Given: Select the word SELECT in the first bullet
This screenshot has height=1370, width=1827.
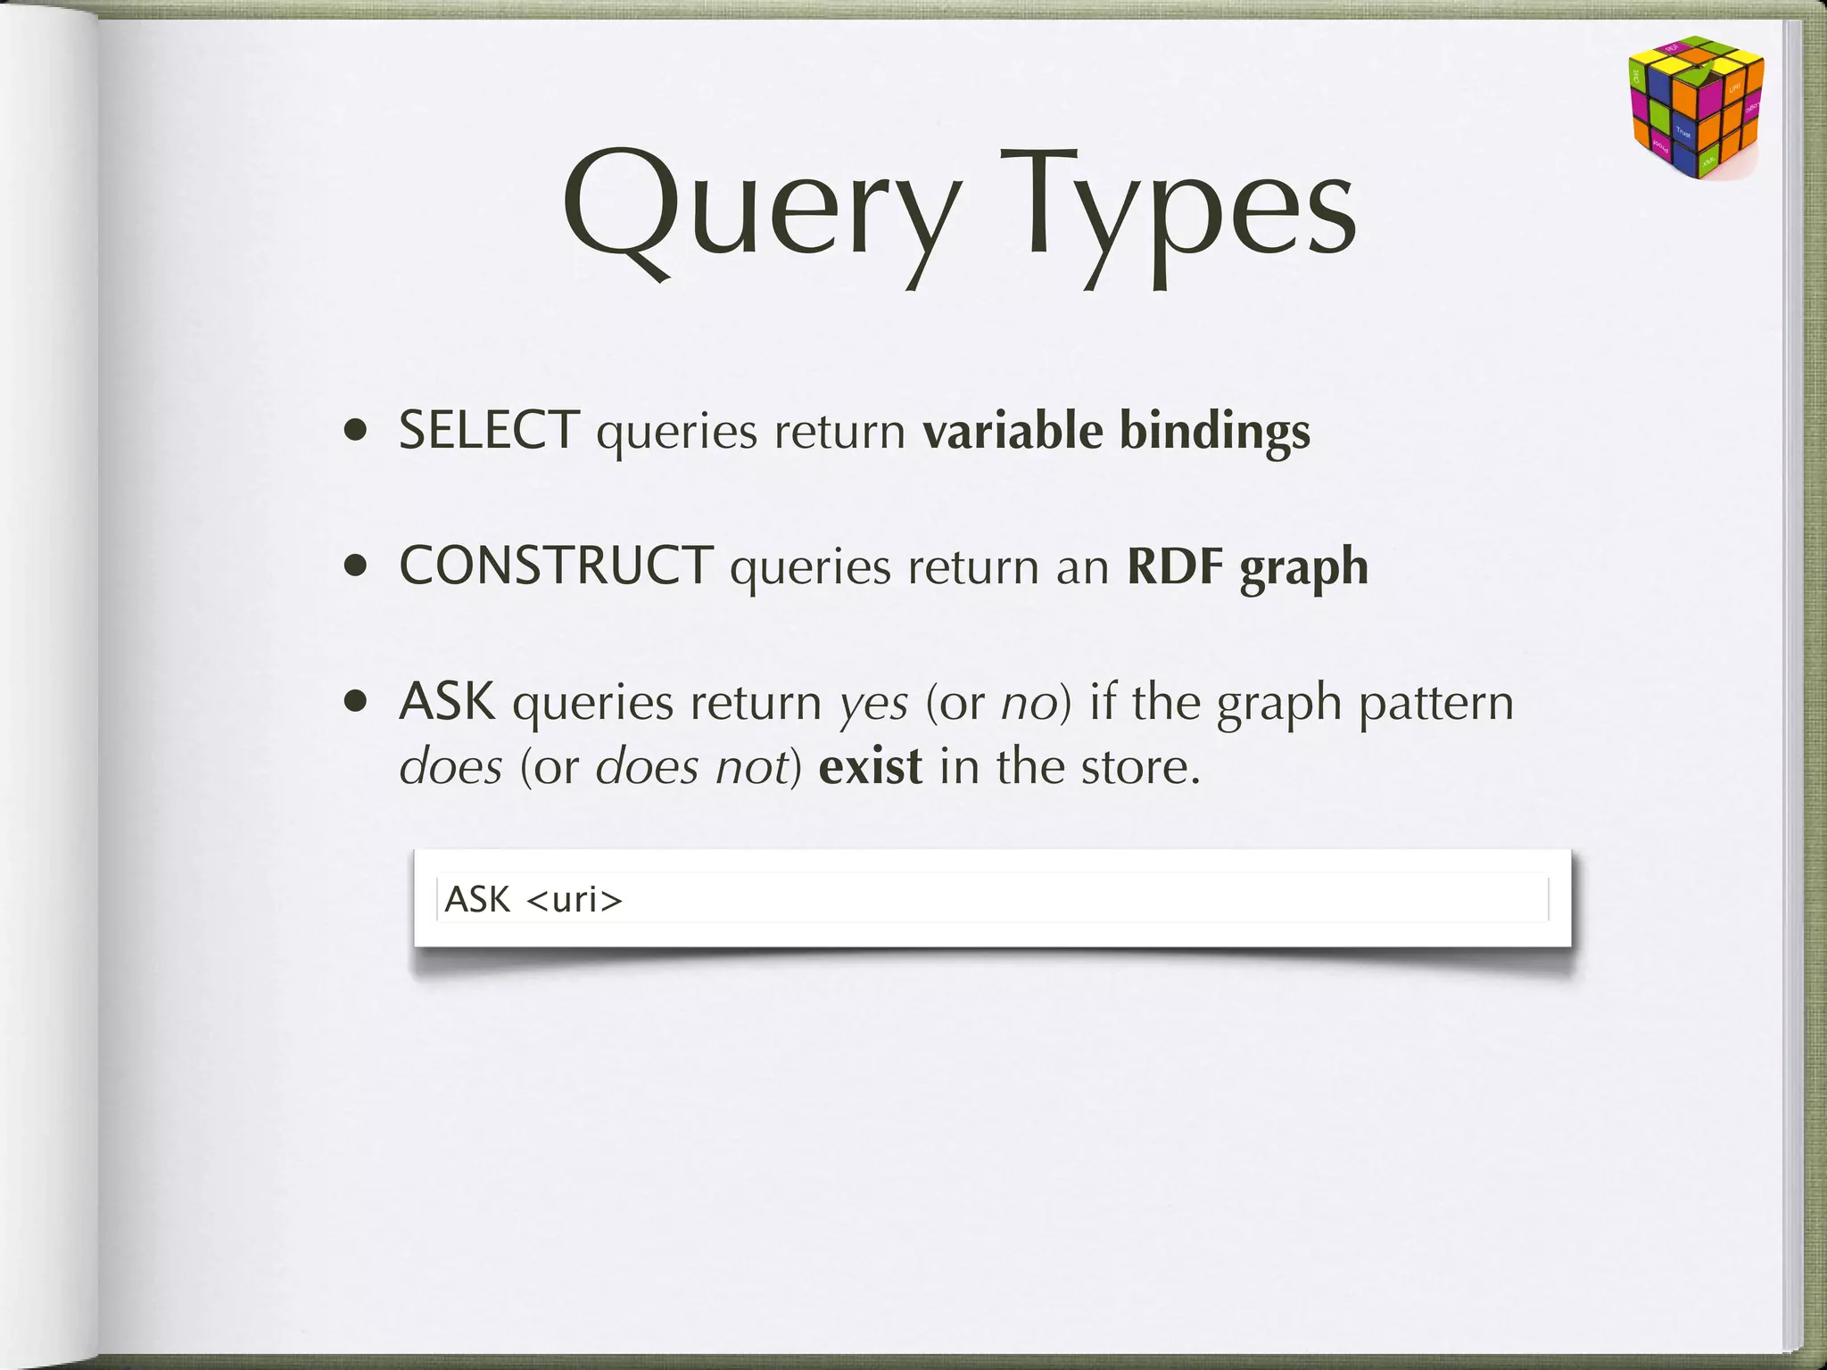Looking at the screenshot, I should tap(489, 431).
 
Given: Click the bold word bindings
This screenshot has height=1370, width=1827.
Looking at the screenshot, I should tap(1214, 433).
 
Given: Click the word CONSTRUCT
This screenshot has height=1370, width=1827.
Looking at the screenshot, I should tap(556, 566).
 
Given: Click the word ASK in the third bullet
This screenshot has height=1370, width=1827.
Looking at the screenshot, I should tap(447, 702).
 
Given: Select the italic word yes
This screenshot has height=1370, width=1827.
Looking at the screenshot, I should tap(874, 705).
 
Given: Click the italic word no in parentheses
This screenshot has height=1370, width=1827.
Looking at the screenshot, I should tap(1029, 705).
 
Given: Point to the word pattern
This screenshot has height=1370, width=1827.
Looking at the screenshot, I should tap(1436, 705).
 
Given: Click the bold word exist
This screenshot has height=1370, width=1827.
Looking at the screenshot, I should tap(870, 767).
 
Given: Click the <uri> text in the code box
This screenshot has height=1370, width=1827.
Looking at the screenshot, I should tap(575, 899).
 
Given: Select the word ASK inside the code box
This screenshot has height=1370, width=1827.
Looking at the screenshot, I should tap(477, 899).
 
